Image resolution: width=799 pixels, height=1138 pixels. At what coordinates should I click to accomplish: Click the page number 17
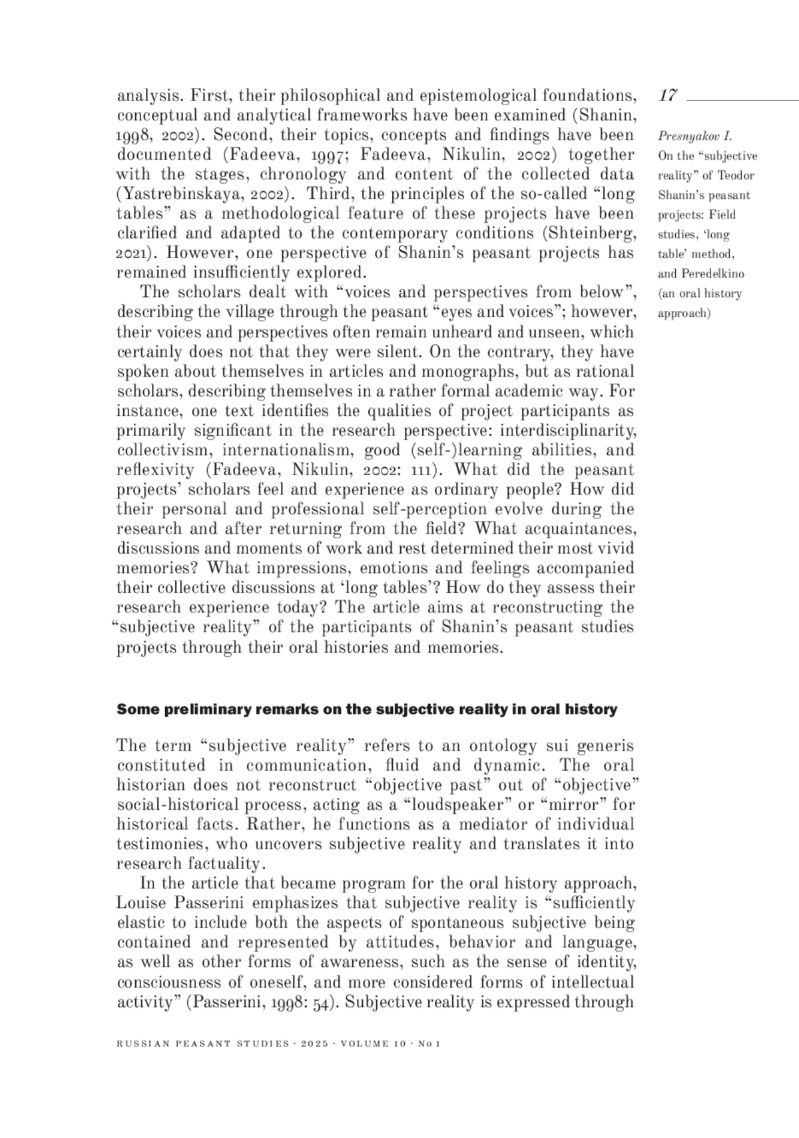668,95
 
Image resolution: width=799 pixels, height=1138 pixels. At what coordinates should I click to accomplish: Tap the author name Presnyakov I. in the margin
694,136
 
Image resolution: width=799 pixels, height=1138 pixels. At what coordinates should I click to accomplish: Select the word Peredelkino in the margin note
713,274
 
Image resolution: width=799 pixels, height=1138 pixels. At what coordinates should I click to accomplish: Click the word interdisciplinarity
568,431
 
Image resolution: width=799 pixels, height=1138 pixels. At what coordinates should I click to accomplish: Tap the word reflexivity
155,470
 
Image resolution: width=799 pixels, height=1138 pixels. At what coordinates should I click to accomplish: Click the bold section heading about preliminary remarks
367,709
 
